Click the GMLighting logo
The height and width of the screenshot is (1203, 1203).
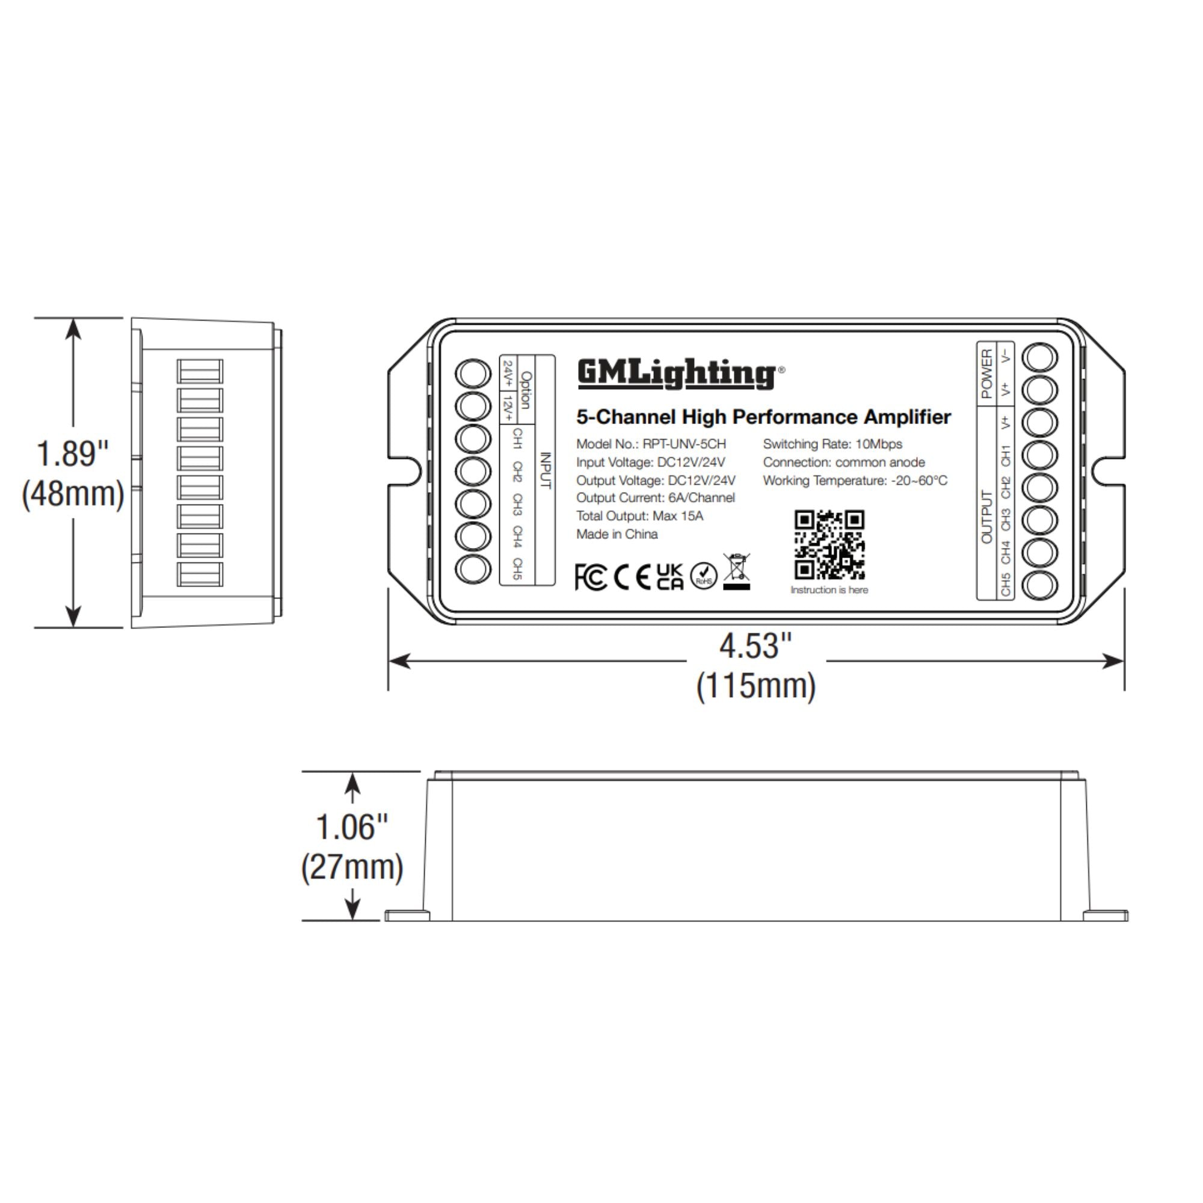pos(677,374)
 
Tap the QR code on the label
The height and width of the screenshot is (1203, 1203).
pos(829,545)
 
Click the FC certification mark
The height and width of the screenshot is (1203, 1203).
pos(590,577)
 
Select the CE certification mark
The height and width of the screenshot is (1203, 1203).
pos(632,577)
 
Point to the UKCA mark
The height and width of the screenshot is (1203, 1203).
pos(670,577)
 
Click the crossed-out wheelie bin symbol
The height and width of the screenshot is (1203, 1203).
pos(737,571)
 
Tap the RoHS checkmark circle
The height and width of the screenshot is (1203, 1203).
pos(704,577)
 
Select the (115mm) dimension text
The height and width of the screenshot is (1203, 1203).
pos(755,686)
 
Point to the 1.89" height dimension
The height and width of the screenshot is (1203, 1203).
pos(72,454)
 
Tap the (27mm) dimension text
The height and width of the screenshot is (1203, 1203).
pos(352,867)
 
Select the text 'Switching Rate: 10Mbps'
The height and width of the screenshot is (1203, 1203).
pos(832,444)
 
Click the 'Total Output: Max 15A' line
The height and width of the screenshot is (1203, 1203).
pos(639,515)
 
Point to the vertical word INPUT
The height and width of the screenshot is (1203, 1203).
pos(546,470)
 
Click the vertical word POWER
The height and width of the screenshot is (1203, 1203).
pos(986,374)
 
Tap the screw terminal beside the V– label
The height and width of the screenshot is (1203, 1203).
pos(1041,357)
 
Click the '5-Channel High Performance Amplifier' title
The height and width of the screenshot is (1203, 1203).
pos(763,417)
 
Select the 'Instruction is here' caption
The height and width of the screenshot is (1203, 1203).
pos(829,589)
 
